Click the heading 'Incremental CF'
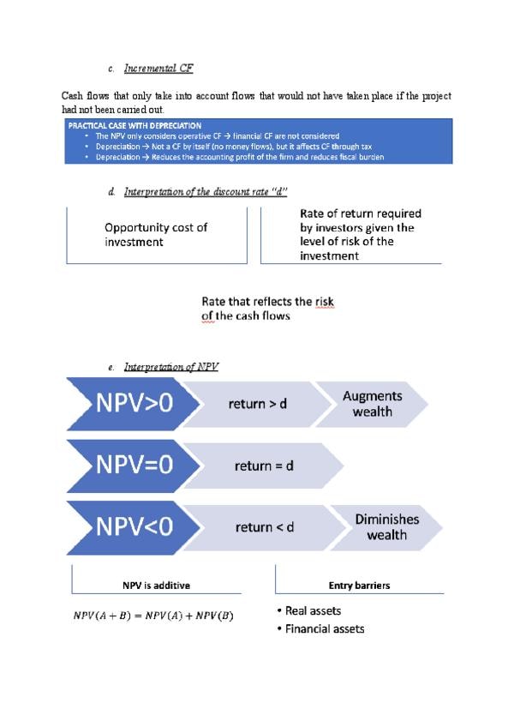point(163,68)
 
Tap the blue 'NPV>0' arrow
point(132,403)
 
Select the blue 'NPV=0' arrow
point(132,466)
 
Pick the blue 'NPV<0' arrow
point(132,527)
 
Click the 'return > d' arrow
point(257,403)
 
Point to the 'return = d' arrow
point(264,466)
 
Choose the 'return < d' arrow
point(264,527)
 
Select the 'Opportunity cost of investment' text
point(156,234)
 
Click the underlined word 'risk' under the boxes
point(324,302)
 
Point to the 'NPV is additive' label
point(156,586)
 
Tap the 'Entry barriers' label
point(359,586)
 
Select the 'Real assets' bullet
point(313,611)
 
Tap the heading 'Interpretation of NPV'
point(171,367)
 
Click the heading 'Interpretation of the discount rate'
point(205,191)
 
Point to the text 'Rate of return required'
point(361,213)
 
